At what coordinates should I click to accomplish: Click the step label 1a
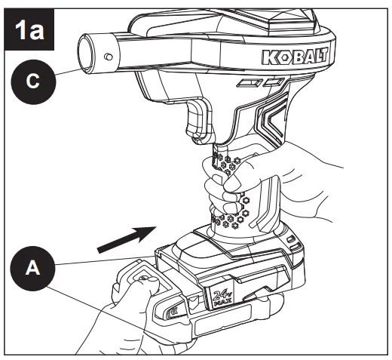pos(29,29)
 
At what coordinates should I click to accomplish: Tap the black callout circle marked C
pos(33,82)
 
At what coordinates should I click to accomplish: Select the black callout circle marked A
pos(32,269)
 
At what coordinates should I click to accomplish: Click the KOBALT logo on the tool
pos(295,57)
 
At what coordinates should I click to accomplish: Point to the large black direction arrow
pos(127,239)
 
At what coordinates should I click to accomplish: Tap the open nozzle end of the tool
pos(84,54)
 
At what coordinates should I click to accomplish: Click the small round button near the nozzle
pos(109,57)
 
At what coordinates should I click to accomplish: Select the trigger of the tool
pos(198,121)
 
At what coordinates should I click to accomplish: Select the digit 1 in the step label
pos(20,29)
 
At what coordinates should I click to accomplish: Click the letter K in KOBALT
pos(269,57)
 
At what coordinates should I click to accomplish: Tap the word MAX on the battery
pos(222,303)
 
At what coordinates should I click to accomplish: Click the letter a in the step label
pos(37,32)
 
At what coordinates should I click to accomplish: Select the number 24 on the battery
pos(219,295)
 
